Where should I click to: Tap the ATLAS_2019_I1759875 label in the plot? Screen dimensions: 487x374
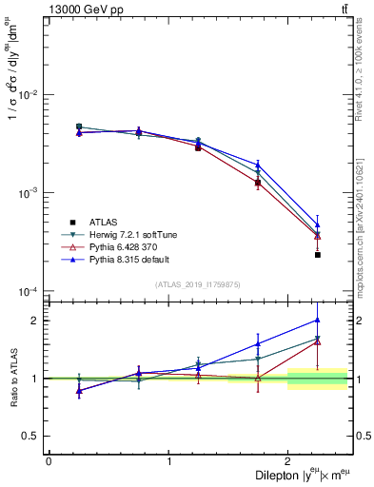coord(198,284)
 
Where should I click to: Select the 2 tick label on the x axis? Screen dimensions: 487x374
coord(288,461)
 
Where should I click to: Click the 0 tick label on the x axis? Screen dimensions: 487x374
coord(49,461)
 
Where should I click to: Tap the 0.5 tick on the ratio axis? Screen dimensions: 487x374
coord(31,436)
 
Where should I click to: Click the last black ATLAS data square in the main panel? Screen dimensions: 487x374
coord(318,255)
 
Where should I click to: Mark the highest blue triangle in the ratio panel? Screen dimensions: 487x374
coord(318,320)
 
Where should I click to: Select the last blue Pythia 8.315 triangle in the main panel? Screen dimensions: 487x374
coord(318,225)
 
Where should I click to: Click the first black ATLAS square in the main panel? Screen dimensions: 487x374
coord(79,127)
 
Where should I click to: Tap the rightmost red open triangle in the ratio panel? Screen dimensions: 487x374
coord(318,341)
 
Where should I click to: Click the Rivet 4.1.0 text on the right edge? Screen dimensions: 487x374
coord(365,57)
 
